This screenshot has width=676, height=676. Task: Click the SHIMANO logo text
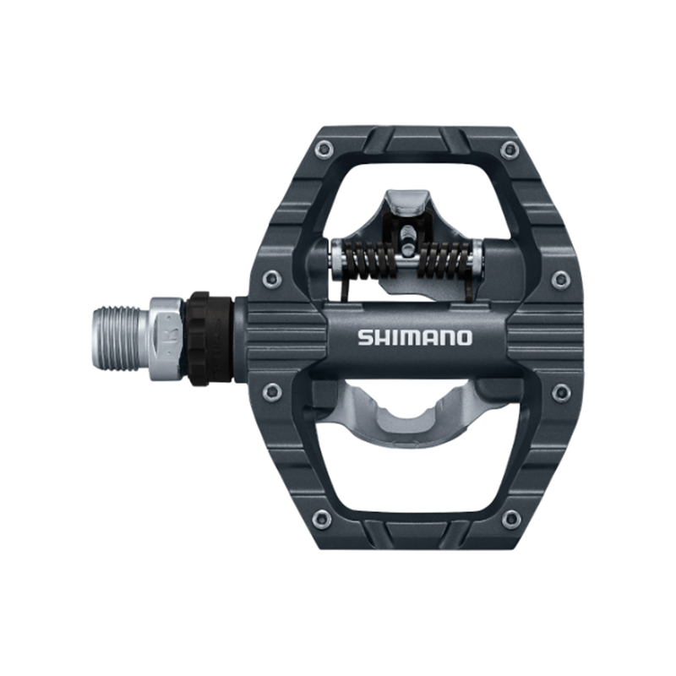[415, 337]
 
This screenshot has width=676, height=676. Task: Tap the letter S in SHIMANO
[365, 337]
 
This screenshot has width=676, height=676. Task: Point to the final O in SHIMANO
[464, 337]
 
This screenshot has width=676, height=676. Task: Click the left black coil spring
[371, 259]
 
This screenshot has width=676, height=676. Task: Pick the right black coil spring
[445, 259]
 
